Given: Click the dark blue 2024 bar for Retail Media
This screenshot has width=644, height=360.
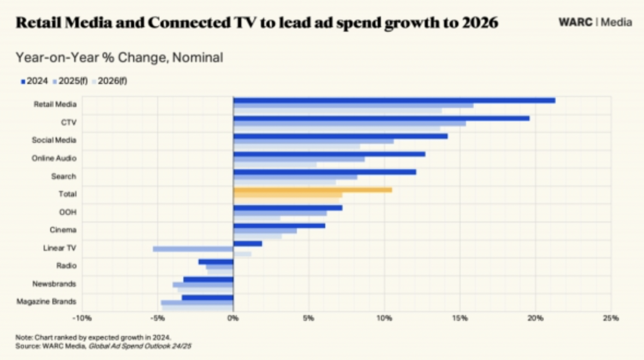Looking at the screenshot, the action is tap(394, 100).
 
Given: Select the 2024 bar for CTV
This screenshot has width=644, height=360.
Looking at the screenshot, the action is tap(381, 118).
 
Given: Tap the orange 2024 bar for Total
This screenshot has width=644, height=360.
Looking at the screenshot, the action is tap(313, 190).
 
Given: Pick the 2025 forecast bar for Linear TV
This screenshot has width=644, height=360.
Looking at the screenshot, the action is tap(193, 249).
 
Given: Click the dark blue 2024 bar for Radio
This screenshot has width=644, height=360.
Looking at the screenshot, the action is tap(216, 262).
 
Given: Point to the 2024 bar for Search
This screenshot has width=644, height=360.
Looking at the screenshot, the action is tap(325, 172).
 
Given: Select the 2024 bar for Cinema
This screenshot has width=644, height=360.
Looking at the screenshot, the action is tap(279, 226).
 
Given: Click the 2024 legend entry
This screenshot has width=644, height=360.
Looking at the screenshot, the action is tap(34, 81).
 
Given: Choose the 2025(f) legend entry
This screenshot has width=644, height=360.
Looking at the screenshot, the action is tap(70, 81).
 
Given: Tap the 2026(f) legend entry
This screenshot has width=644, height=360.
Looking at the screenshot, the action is tap(109, 81).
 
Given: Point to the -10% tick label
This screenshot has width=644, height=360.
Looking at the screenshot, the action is tap(82, 318).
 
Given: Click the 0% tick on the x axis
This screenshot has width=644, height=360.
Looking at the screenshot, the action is tap(233, 318).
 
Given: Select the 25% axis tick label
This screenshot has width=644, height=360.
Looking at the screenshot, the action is tap(611, 318).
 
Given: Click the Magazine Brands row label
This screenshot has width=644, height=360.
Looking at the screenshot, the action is tap(46, 302).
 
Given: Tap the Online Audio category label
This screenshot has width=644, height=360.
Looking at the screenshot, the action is tap(54, 158).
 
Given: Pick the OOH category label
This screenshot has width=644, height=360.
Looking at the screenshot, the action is tap(68, 212).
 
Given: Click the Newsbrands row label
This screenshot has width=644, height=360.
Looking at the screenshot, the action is tap(54, 284).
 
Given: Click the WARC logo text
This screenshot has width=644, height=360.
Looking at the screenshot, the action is tap(575, 22).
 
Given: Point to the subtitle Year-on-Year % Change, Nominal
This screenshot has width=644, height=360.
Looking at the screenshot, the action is tap(120, 57).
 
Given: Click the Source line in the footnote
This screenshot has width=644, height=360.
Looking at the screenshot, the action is tap(104, 346).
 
